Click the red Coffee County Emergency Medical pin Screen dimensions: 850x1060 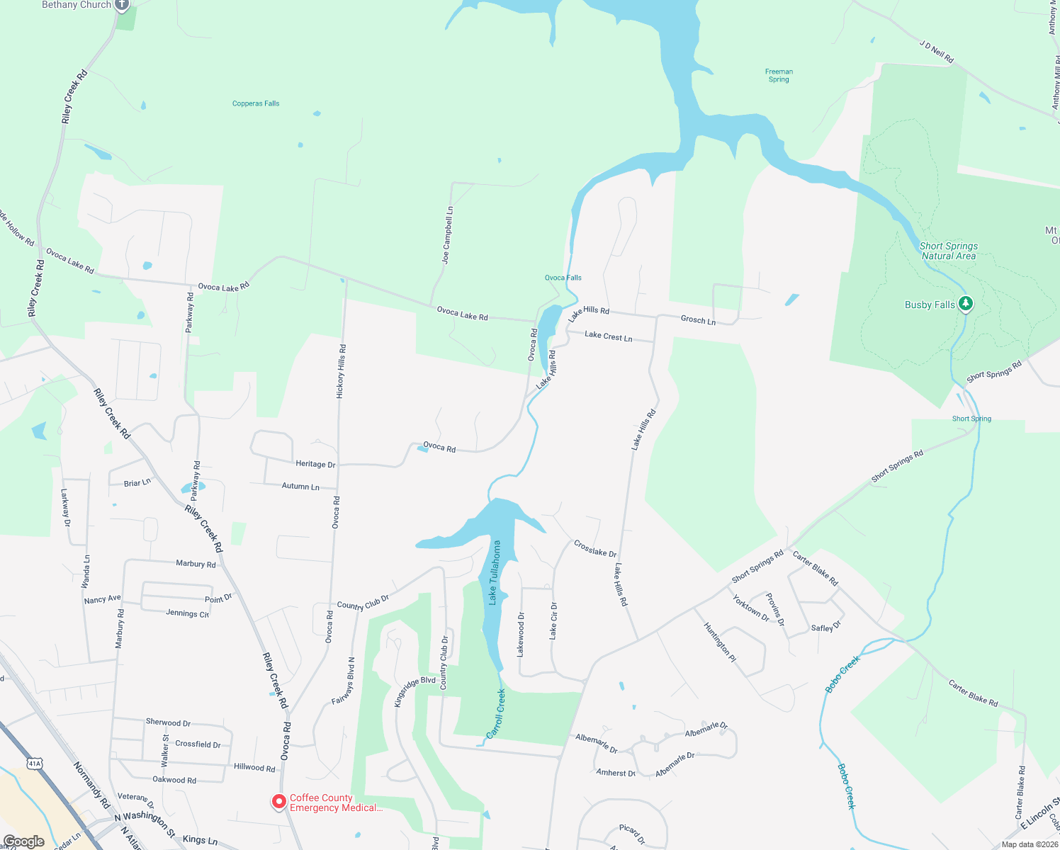(279, 801)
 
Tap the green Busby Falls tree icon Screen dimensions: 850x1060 (965, 304)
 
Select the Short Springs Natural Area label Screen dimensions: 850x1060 (948, 251)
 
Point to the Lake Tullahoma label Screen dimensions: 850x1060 (495, 572)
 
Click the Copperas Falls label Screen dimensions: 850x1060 (256, 103)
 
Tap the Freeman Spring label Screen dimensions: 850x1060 (779, 75)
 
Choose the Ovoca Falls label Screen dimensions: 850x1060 (563, 278)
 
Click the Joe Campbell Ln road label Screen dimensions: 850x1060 (447, 235)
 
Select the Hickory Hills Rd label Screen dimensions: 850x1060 (342, 371)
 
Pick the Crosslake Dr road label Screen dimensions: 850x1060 (595, 548)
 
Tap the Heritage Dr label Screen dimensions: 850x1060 (315, 464)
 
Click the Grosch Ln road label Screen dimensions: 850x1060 (698, 320)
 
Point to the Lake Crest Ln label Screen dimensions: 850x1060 (608, 336)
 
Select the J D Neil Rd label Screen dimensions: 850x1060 (936, 52)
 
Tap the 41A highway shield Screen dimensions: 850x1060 (35, 764)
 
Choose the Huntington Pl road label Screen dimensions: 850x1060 (720, 642)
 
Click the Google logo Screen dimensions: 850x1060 (23, 841)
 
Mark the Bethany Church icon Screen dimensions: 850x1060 (122, 5)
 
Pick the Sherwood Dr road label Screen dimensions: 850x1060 (168, 722)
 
